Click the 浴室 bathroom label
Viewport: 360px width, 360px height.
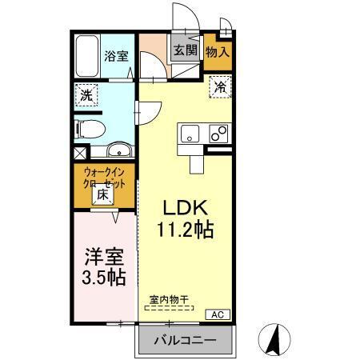pos(117,56)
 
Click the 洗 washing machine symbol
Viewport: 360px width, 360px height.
pos(86,94)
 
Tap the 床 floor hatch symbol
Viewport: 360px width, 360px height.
pos(103,194)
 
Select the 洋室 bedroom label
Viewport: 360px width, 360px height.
pos(103,259)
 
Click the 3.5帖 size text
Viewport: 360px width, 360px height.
pos(103,278)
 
